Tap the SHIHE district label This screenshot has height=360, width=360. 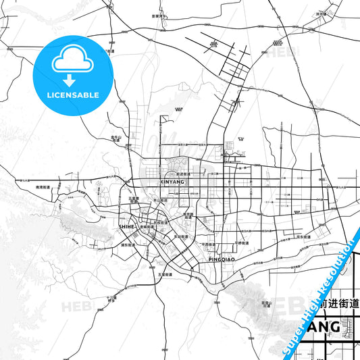[126, 227]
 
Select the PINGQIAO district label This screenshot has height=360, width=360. [214, 259]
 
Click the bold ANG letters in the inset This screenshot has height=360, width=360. [323, 327]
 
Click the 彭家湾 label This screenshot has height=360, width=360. [158, 14]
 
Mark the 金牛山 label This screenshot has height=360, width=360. [115, 137]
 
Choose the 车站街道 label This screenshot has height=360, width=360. [180, 237]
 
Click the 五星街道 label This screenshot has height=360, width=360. [162, 274]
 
